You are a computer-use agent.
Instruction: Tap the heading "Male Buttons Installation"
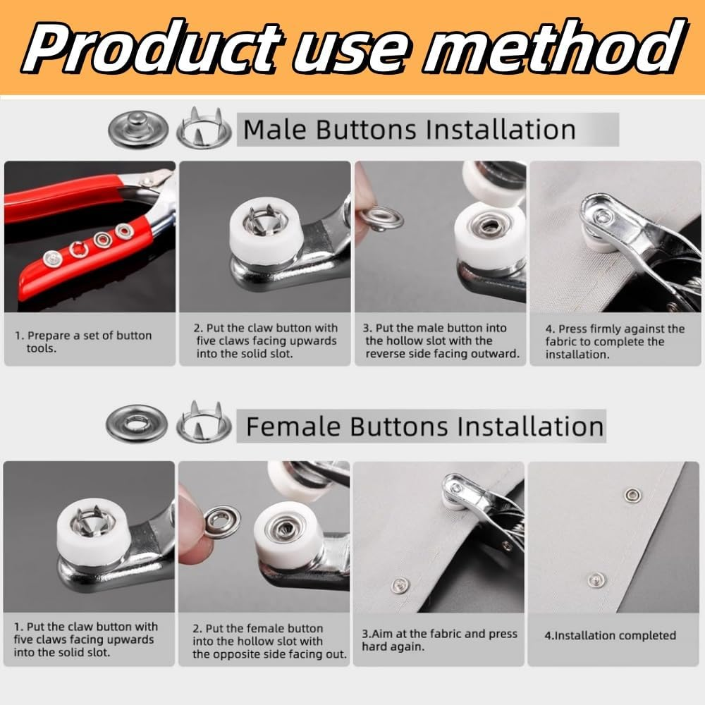point(409,130)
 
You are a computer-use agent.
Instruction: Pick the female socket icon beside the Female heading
point(137,423)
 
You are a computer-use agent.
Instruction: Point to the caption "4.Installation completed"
point(610,635)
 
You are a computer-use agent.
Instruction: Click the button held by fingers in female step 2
point(223,522)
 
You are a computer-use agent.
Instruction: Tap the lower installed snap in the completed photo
point(596,580)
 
